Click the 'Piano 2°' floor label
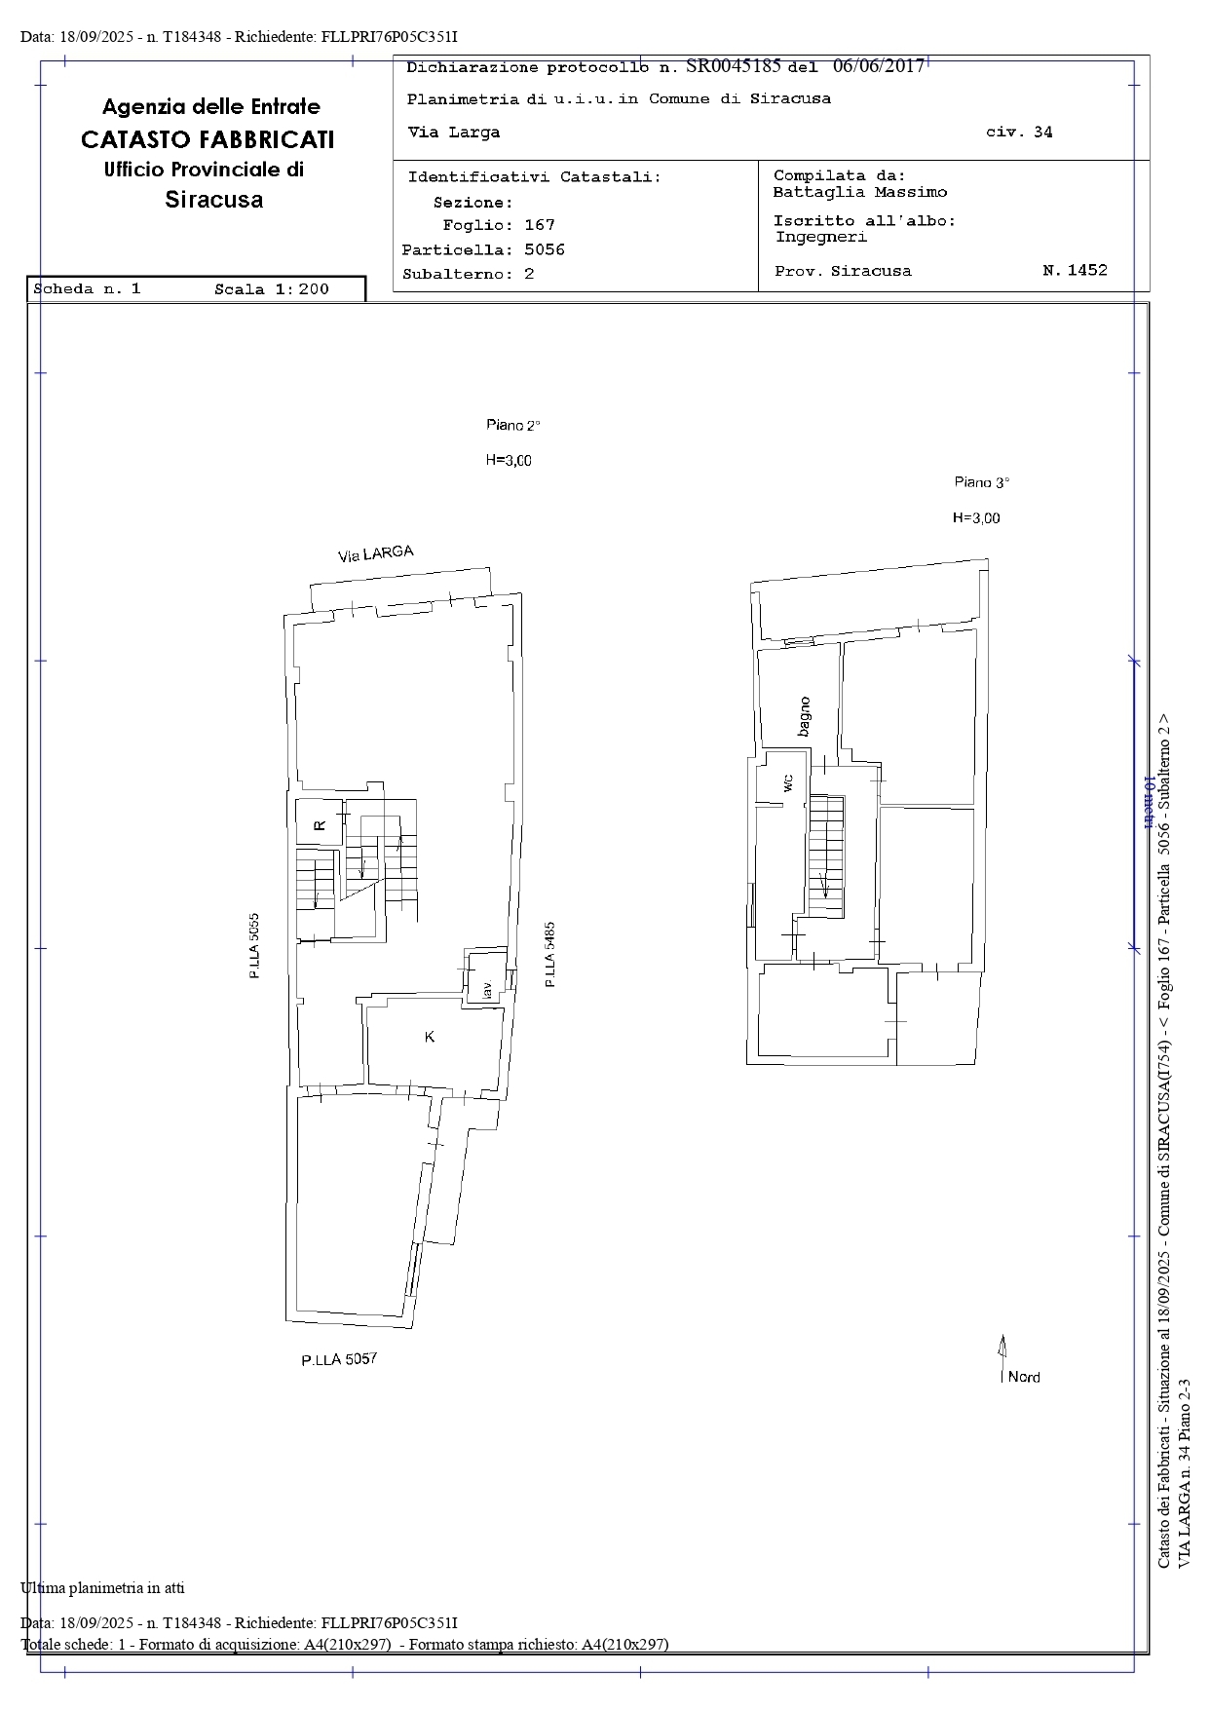pos(513,425)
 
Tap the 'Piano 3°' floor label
pos(982,482)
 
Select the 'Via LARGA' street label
pos(376,553)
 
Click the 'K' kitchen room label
pos(430,1037)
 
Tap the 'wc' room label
pos(788,781)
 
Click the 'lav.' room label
pos(485,990)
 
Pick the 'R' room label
pos(320,825)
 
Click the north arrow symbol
pos(1002,1360)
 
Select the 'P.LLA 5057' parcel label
pos(339,1359)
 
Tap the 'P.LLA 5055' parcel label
pos(254,945)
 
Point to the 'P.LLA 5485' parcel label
pos(550,955)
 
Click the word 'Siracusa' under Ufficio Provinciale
pos(214,200)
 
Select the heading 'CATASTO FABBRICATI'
pos(208,139)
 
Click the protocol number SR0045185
pos(734,66)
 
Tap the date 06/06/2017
pos(879,66)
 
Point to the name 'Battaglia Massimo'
pos(860,193)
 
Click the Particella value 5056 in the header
pos(545,249)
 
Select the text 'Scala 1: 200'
pos(272,288)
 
